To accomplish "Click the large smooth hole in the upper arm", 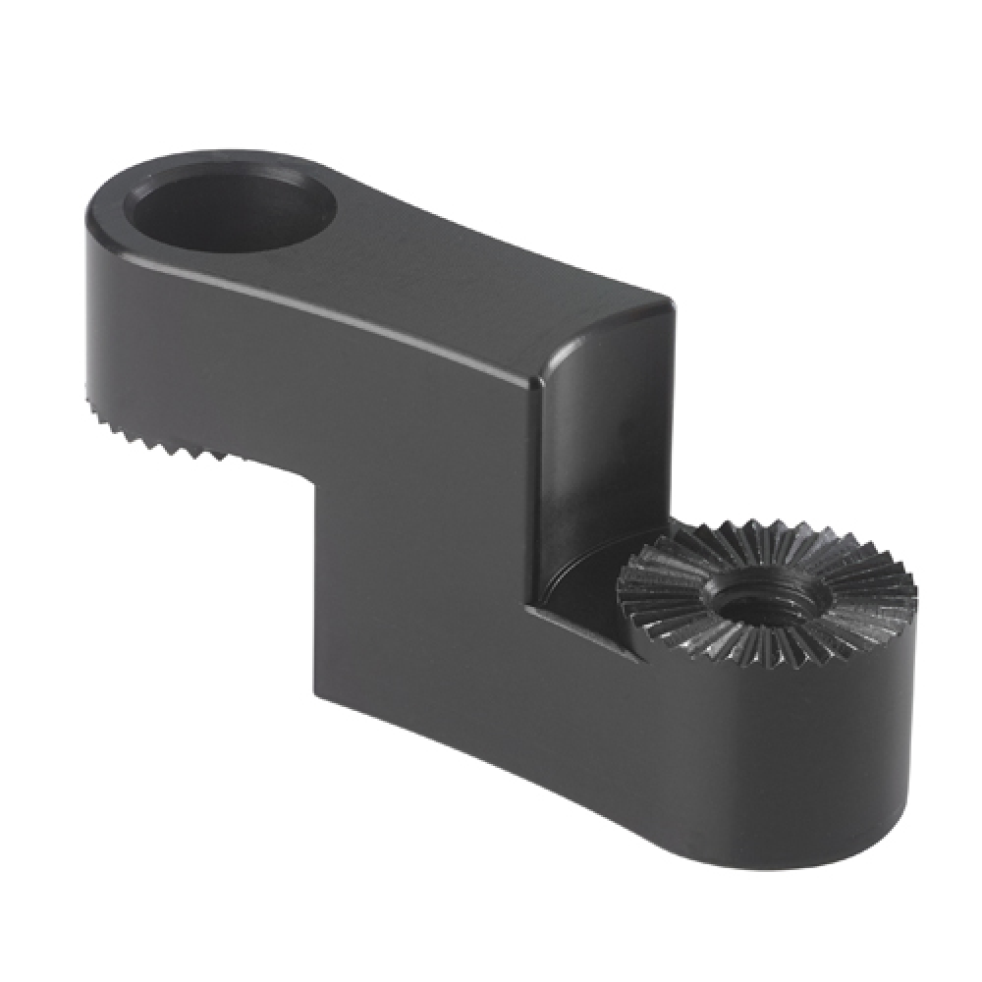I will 231,211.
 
